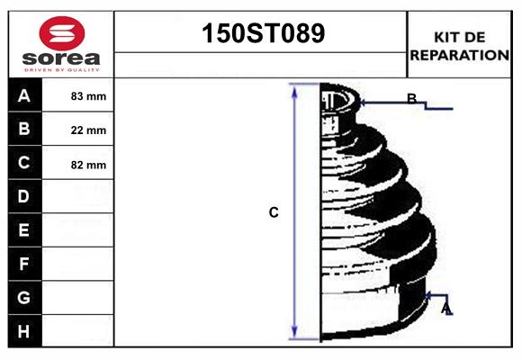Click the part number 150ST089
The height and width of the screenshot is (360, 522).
coord(261,34)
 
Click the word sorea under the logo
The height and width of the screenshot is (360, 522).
coord(60,59)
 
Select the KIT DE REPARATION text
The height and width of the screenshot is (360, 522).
coord(459,45)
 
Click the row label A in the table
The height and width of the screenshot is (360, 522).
coord(24,95)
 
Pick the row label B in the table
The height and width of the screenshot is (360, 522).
coord(24,130)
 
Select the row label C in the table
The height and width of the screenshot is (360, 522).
coord(24,164)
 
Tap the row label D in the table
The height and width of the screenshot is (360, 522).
coord(24,197)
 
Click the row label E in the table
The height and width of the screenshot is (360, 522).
coord(24,230)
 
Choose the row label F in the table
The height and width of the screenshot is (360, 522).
coord(24,265)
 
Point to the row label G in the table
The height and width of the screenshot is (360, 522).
coord(24,297)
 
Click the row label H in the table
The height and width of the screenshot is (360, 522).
coord(24,331)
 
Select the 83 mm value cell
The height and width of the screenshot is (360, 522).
coord(88,96)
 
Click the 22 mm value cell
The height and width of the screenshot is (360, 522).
coord(88,130)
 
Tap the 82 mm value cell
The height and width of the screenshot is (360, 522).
coord(88,165)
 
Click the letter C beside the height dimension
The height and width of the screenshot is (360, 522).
coord(274,213)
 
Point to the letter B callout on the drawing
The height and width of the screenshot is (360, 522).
coord(411,99)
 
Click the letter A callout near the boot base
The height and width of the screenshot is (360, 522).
coord(445,310)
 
